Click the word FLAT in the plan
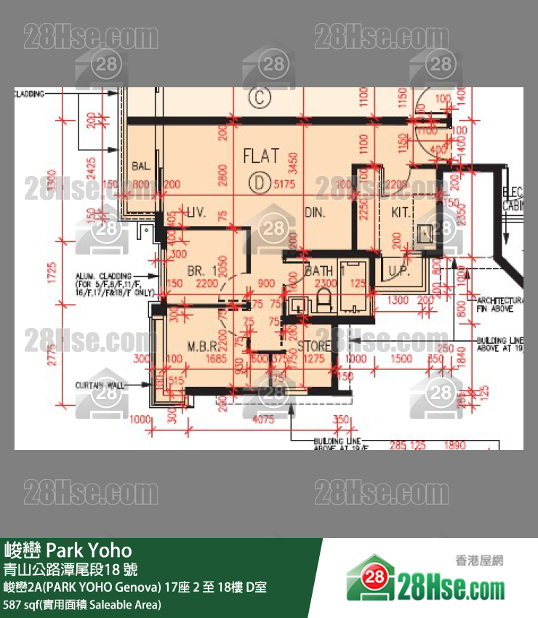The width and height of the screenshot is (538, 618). [x=260, y=155]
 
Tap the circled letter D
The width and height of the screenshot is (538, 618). [x=257, y=184]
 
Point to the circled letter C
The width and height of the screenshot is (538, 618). [x=257, y=95]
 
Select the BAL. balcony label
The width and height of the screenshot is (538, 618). [x=141, y=166]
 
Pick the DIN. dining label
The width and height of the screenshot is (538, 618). [x=314, y=213]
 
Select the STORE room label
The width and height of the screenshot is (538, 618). [x=314, y=346]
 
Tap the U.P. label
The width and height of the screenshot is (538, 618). [x=400, y=271]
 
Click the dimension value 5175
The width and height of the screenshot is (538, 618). [x=285, y=185]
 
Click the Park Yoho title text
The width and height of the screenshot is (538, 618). [x=68, y=549]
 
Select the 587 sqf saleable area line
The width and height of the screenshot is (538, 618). [x=82, y=604]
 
